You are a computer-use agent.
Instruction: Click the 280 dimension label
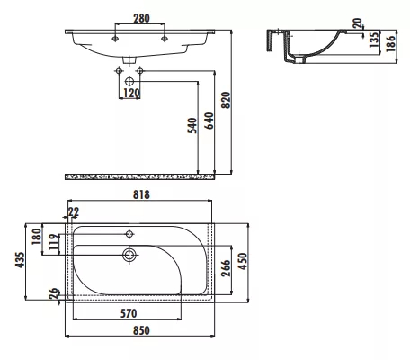[x=141, y=18]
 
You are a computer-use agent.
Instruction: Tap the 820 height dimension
[x=226, y=100]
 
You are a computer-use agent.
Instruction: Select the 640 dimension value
[x=209, y=121]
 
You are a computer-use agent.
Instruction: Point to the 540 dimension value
[x=192, y=125]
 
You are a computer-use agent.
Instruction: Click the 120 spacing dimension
[x=131, y=94]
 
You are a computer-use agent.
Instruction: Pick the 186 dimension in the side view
[x=390, y=43]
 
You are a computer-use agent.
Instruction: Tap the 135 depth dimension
[x=374, y=40]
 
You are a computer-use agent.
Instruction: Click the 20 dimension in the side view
[x=358, y=23]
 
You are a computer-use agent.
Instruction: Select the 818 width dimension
[x=141, y=194]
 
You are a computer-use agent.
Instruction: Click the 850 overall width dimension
[x=141, y=330]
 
